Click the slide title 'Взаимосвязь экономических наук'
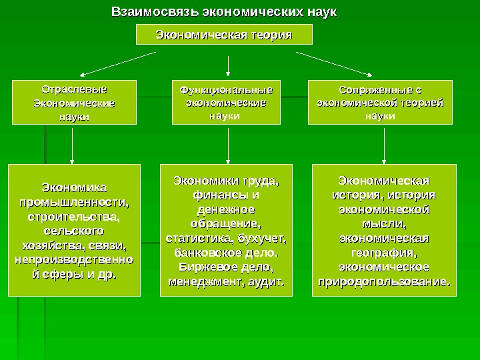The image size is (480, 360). pos(224,12)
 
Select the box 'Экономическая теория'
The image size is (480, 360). pos(224,35)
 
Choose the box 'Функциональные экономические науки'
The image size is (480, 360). pos(227,103)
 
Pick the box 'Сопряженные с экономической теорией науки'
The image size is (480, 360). pos(380,103)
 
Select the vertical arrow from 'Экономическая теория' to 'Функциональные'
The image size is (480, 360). pos(228,64)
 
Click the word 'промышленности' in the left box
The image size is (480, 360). pos(73,202)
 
